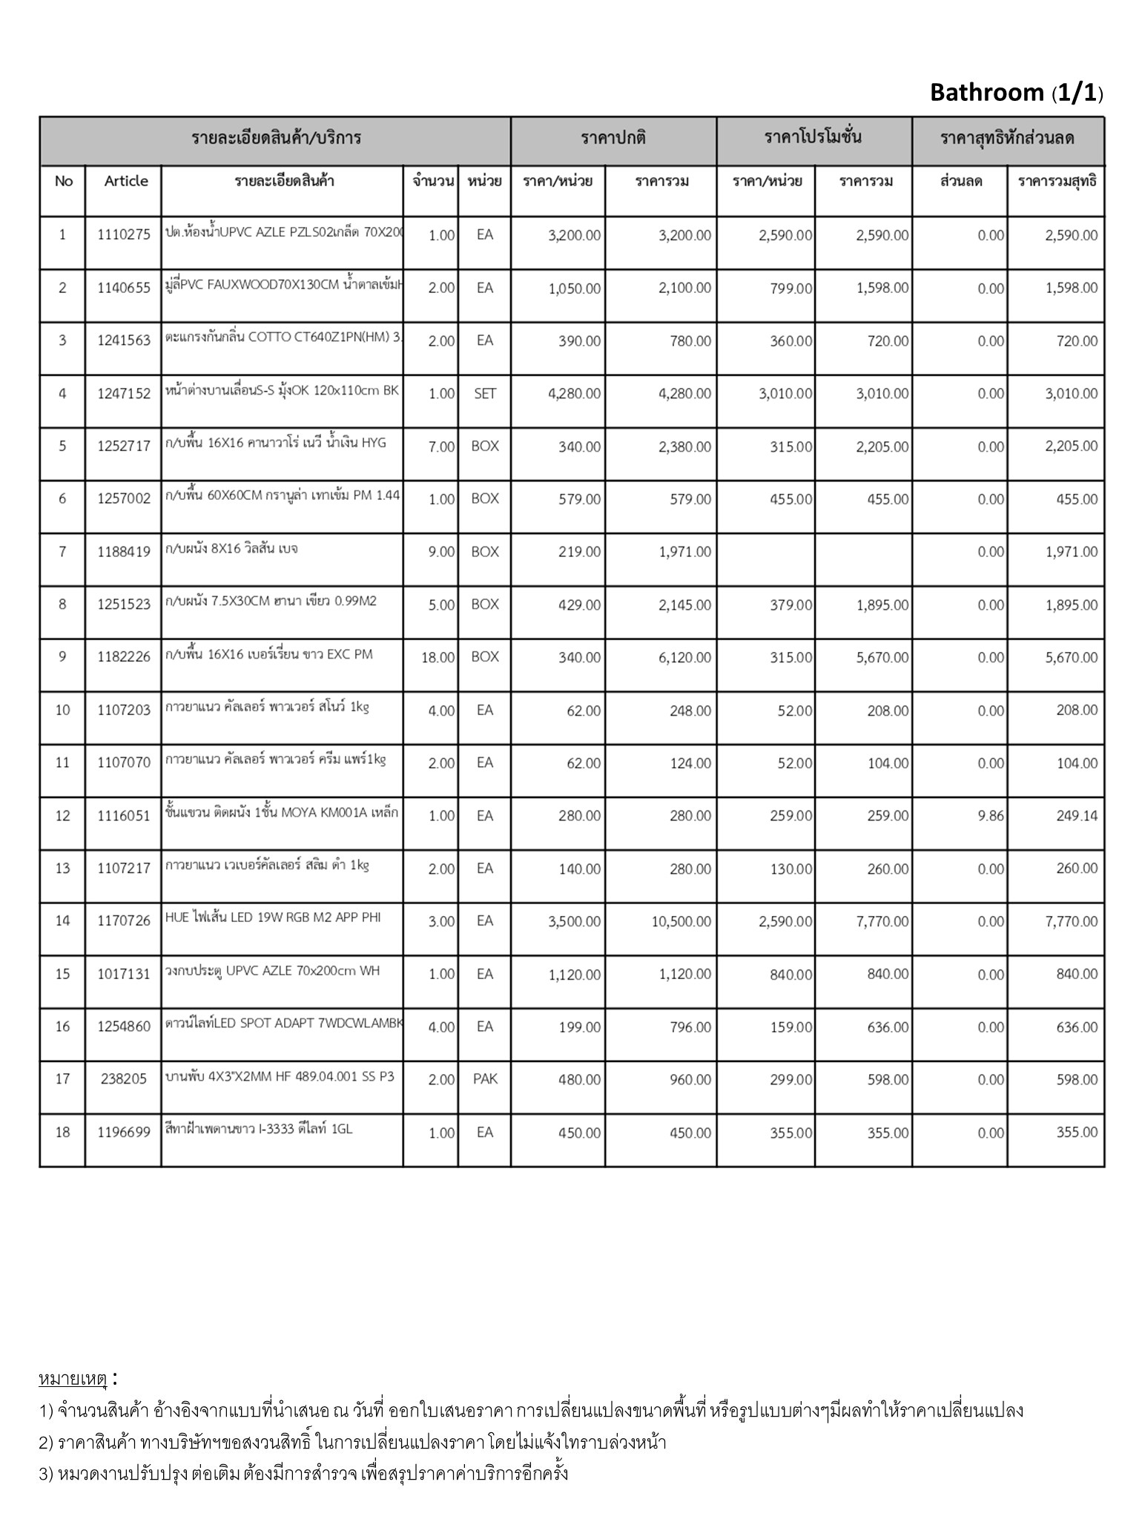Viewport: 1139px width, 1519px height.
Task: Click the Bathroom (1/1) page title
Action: [x=1016, y=93]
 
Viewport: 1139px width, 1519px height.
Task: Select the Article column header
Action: [x=125, y=181]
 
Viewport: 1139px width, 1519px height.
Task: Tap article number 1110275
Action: [x=124, y=235]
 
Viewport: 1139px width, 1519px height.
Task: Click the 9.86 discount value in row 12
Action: [x=990, y=816]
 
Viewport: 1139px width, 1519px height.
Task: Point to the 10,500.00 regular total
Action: [x=681, y=921]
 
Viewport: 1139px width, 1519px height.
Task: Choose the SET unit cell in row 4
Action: [x=484, y=394]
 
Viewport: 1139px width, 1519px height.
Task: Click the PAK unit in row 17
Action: [x=485, y=1079]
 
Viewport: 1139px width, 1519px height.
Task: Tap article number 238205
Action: [x=124, y=1079]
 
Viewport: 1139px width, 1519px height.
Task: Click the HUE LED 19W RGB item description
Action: [x=273, y=917]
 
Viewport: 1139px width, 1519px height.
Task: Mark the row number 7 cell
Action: [x=62, y=551]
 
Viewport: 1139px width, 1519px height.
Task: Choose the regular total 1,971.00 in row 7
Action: [x=684, y=552]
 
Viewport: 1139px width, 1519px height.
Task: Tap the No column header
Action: [x=64, y=181]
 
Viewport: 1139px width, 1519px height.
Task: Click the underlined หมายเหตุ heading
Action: [x=73, y=1379]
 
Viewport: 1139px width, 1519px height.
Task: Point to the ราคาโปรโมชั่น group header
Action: [x=813, y=137]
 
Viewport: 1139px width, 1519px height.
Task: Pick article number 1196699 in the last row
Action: [x=124, y=1132]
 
